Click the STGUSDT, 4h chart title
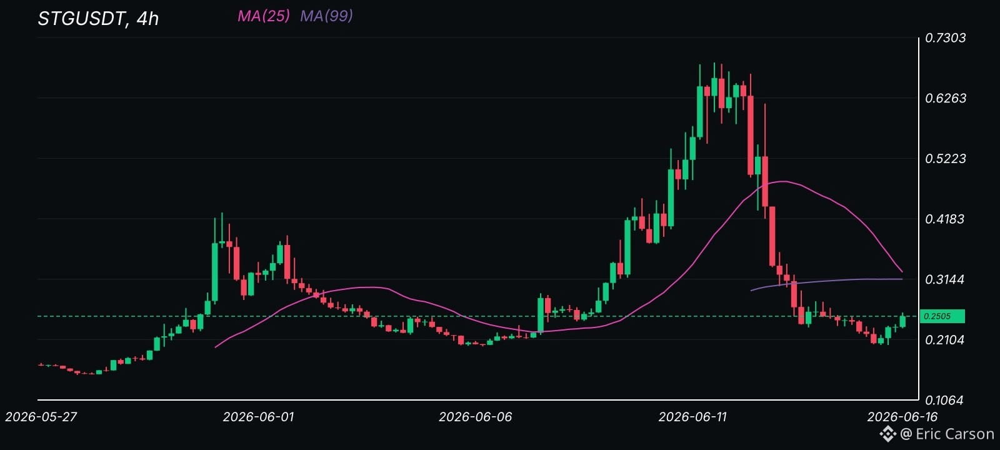98,19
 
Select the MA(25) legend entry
263,16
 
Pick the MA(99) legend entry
326,16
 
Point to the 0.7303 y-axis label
945,38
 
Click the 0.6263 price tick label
945,98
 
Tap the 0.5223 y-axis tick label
945,159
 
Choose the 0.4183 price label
944,219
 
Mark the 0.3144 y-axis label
944,279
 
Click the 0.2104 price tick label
944,340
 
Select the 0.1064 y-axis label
944,400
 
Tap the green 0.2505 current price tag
942,316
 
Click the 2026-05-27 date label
41,417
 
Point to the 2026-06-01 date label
258,417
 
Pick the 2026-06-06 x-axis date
476,417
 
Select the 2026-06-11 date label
692,417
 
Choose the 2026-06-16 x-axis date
902,417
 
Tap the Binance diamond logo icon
888,434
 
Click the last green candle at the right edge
902,320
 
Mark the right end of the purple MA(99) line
902,279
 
